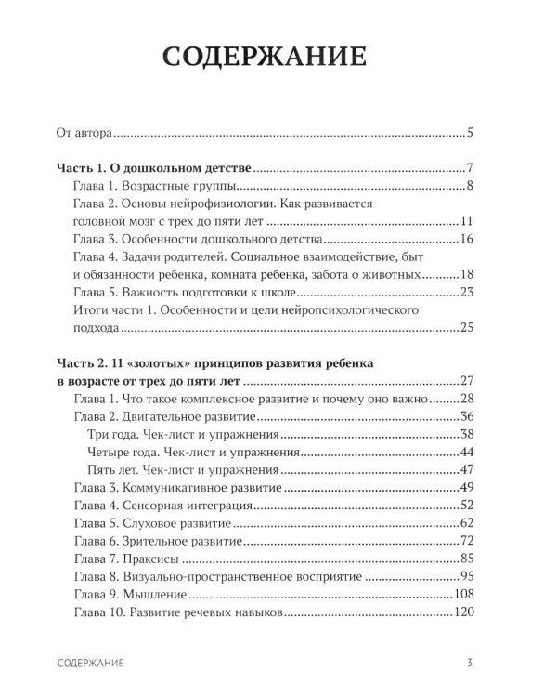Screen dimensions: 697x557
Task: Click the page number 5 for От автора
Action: (471, 133)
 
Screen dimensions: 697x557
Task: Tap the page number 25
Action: (467, 327)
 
